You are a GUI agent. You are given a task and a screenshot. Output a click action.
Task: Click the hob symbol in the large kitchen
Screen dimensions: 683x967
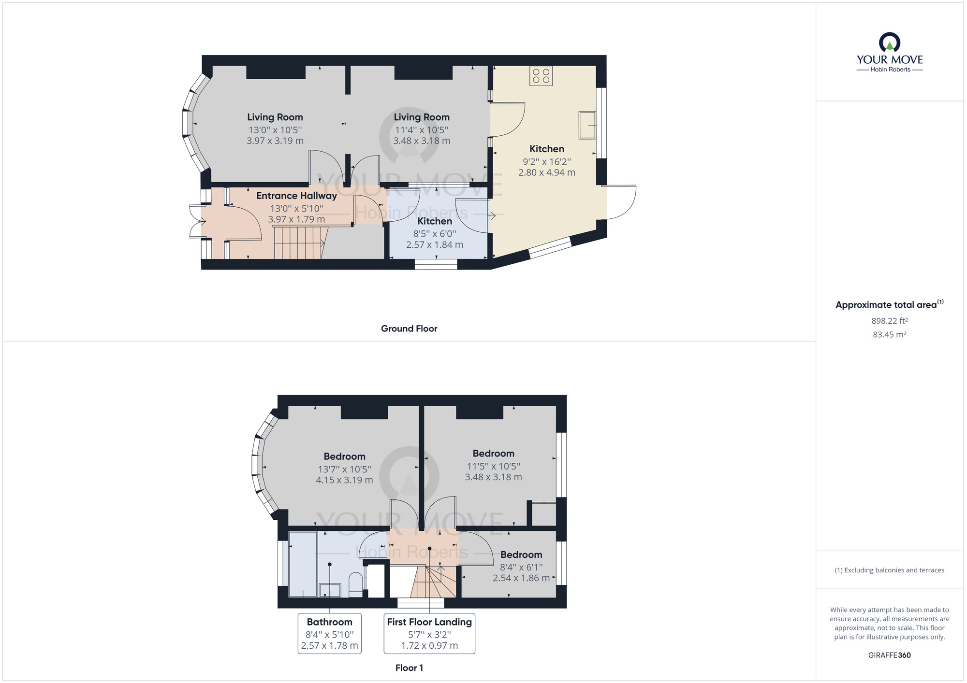[541, 76]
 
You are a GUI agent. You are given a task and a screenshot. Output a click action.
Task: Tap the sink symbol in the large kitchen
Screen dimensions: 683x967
[587, 125]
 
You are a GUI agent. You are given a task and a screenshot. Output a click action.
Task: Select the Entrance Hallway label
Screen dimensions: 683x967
[296, 196]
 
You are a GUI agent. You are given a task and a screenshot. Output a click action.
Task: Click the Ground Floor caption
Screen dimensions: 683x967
[409, 328]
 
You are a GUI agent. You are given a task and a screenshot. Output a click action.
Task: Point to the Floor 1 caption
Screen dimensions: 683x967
[409, 668]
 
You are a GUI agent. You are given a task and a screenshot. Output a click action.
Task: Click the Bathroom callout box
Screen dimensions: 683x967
[330, 633]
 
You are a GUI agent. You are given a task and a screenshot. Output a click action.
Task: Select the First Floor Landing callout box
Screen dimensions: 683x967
[429, 633]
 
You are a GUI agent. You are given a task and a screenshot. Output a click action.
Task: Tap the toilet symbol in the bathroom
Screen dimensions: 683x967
[356, 584]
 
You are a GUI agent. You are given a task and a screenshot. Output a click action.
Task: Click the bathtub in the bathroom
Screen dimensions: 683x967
[303, 564]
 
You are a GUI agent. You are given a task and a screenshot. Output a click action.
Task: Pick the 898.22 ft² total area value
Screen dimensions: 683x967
[889, 321]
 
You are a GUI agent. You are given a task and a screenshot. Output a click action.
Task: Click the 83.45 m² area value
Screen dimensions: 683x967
[889, 334]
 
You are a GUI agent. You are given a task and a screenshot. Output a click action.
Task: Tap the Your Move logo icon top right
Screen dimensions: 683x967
[890, 43]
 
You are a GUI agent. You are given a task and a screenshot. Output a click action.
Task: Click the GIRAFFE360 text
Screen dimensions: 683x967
[889, 655]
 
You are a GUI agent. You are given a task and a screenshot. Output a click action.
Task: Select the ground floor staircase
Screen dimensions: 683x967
[299, 243]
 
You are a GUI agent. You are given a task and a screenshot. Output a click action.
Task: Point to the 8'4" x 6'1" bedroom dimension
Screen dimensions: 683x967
[521, 567]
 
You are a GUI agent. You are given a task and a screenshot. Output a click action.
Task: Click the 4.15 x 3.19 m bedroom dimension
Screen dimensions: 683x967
[344, 480]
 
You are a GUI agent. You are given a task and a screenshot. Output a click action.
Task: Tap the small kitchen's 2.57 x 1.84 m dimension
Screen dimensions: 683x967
[435, 244]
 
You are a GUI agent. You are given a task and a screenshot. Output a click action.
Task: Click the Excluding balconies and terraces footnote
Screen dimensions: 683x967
[889, 570]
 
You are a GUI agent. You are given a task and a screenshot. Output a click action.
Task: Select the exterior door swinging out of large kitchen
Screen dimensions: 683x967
[621, 202]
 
